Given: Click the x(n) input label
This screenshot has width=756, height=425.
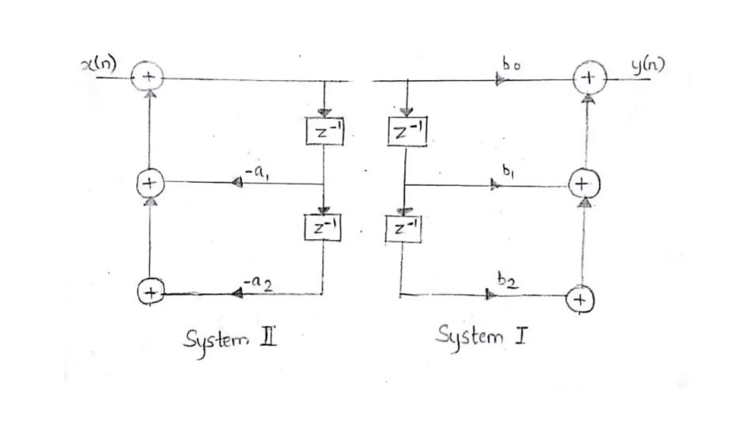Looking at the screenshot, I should [x=99, y=65].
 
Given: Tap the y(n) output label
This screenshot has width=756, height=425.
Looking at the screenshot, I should [x=647, y=65].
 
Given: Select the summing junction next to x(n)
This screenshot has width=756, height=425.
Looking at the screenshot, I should [x=147, y=77].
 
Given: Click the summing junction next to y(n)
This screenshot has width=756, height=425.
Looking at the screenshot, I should [x=589, y=78].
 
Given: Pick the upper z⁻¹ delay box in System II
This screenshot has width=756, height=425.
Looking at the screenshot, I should [x=324, y=131].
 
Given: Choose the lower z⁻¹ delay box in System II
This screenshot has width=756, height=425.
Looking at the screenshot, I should [x=323, y=228].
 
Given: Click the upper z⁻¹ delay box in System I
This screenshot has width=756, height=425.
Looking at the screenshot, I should [x=407, y=131].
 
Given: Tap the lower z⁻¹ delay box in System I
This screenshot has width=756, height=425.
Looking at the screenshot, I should [x=403, y=229].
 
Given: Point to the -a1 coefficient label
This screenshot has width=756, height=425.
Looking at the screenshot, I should [x=258, y=173].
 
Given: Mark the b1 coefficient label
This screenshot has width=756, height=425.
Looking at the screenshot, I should [x=508, y=171].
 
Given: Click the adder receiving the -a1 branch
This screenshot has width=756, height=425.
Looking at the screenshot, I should [x=150, y=183].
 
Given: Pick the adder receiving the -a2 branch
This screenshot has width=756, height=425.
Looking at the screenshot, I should [x=151, y=292].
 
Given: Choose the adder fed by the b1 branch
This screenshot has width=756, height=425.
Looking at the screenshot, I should [x=584, y=184].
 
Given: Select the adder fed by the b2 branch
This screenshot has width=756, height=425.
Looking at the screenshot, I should [x=580, y=300].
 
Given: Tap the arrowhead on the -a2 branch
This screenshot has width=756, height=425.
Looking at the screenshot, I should [x=237, y=293].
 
